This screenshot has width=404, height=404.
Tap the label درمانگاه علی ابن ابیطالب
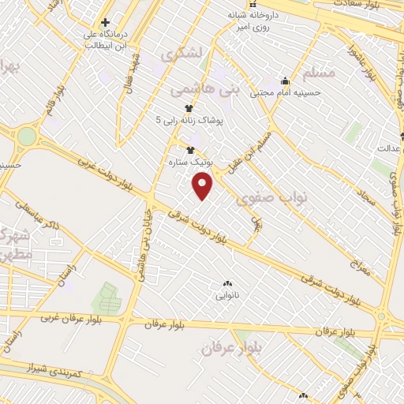(105, 40)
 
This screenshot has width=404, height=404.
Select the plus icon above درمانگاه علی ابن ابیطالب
(105, 22)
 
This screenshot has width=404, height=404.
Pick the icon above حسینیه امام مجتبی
(285, 80)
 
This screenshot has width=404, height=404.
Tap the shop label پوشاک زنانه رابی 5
(189, 120)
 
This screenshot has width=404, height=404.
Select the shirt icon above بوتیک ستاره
(189, 148)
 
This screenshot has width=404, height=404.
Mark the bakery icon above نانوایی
(228, 284)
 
